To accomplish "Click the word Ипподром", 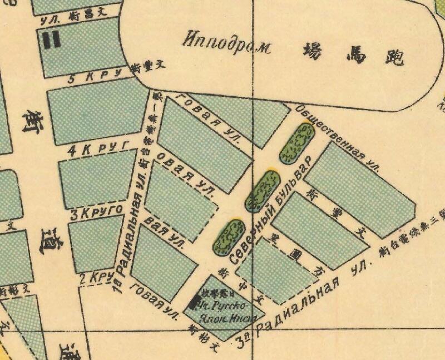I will tap(226, 43).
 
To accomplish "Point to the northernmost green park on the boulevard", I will tap(297, 143).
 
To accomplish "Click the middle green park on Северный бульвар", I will tap(263, 189).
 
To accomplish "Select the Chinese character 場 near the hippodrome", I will tap(313, 51).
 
